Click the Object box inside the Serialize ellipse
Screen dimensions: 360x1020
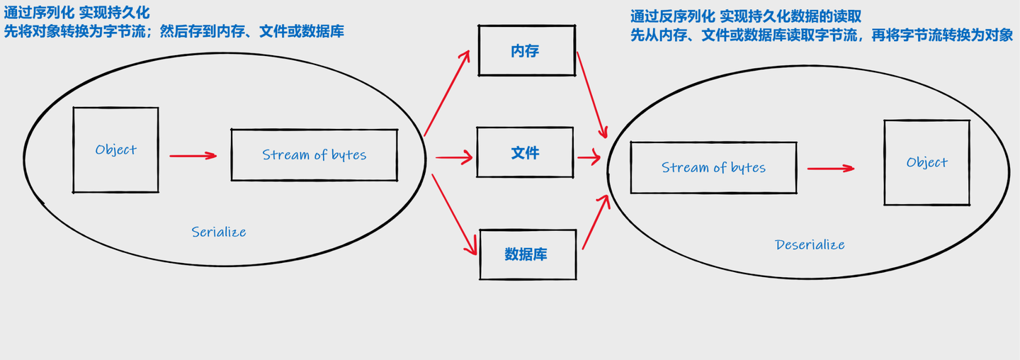click(115, 150)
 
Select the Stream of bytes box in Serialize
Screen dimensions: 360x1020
click(314, 154)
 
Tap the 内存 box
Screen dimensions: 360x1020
click(526, 50)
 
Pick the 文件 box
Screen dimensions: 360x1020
click(525, 152)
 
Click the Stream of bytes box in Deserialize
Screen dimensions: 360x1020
click(713, 167)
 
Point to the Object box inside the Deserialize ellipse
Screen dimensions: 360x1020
click(926, 162)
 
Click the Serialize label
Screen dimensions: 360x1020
click(219, 232)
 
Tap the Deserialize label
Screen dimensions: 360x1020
click(810, 244)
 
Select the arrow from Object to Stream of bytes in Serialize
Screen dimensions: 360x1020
click(193, 155)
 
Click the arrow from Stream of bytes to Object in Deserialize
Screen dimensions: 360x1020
click(830, 169)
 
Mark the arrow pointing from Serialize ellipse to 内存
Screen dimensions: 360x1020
click(447, 92)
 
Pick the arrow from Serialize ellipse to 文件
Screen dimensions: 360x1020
click(453, 157)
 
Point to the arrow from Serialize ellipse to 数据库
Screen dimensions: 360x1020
click(453, 213)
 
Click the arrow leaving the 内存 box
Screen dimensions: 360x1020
click(592, 95)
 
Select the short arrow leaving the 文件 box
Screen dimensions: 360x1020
click(589, 157)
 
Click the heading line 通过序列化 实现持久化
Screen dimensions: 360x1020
click(77, 13)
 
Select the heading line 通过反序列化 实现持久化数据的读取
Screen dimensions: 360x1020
click(745, 16)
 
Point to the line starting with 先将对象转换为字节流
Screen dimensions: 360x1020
click(174, 31)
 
